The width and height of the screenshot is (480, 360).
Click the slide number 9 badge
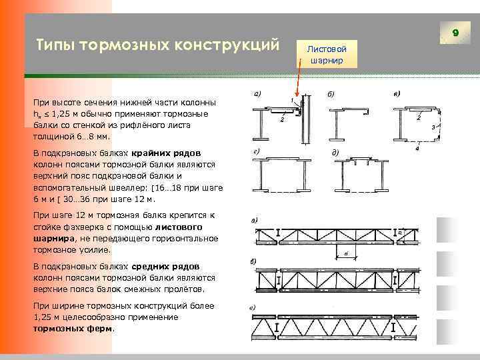[x=455, y=32]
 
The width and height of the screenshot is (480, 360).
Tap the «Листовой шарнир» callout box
[x=326, y=54]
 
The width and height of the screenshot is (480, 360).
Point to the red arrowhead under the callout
[x=298, y=96]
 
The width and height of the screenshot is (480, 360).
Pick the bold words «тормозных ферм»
[x=73, y=329]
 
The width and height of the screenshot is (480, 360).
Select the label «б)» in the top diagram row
[x=331, y=93]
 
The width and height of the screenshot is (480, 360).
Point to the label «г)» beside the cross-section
[x=257, y=153]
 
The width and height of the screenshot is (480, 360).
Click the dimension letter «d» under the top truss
[x=347, y=254]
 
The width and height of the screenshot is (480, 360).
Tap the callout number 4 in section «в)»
[x=417, y=148]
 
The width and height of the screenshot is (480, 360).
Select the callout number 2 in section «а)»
[x=282, y=120]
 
